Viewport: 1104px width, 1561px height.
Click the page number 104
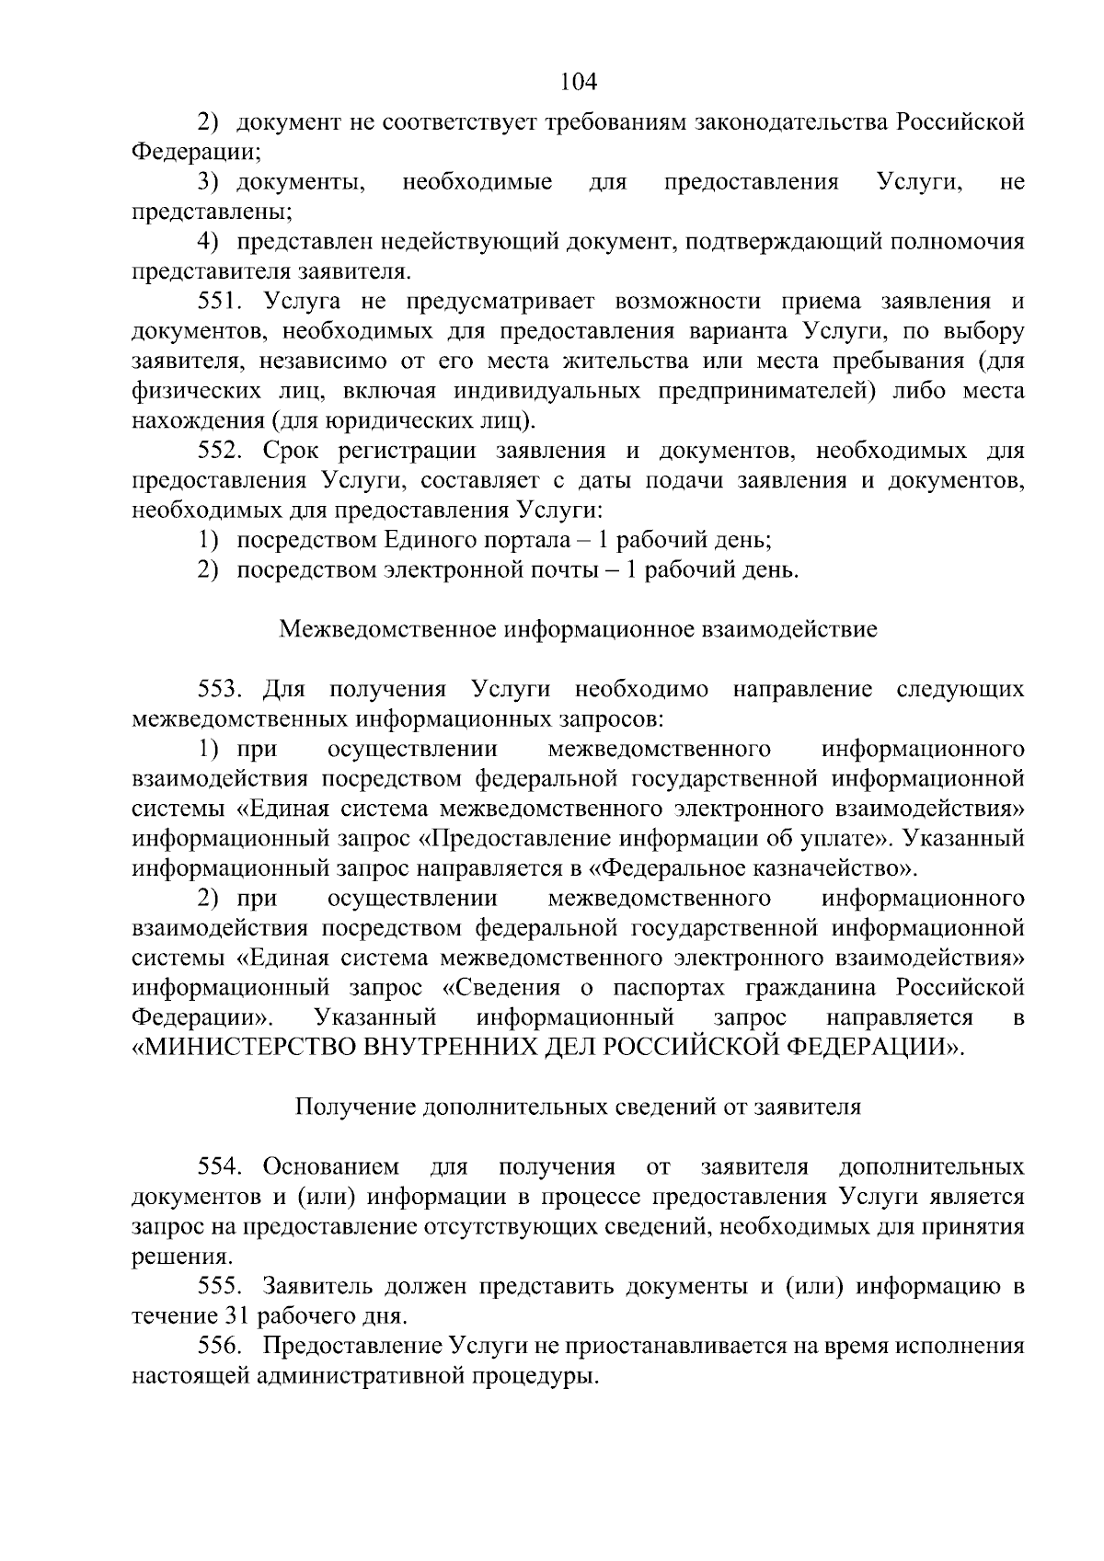tap(579, 81)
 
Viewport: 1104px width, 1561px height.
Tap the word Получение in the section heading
tap(354, 1107)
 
